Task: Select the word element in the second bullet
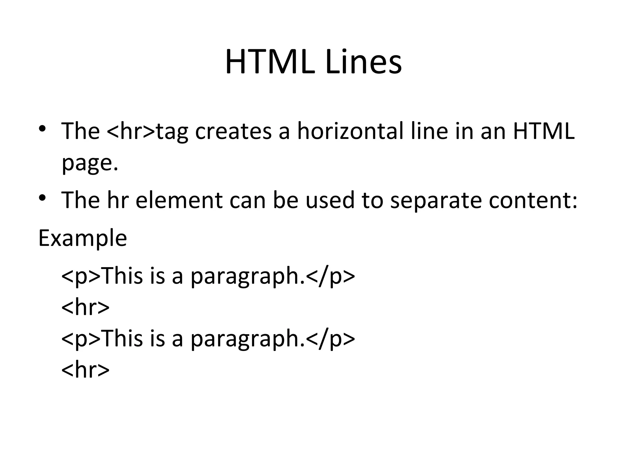[179, 200]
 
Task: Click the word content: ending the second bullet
[533, 200]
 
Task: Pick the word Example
[82, 238]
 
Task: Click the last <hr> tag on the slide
[85, 370]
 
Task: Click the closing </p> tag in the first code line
[330, 276]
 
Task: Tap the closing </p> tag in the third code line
[330, 339]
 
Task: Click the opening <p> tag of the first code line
[81, 276]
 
